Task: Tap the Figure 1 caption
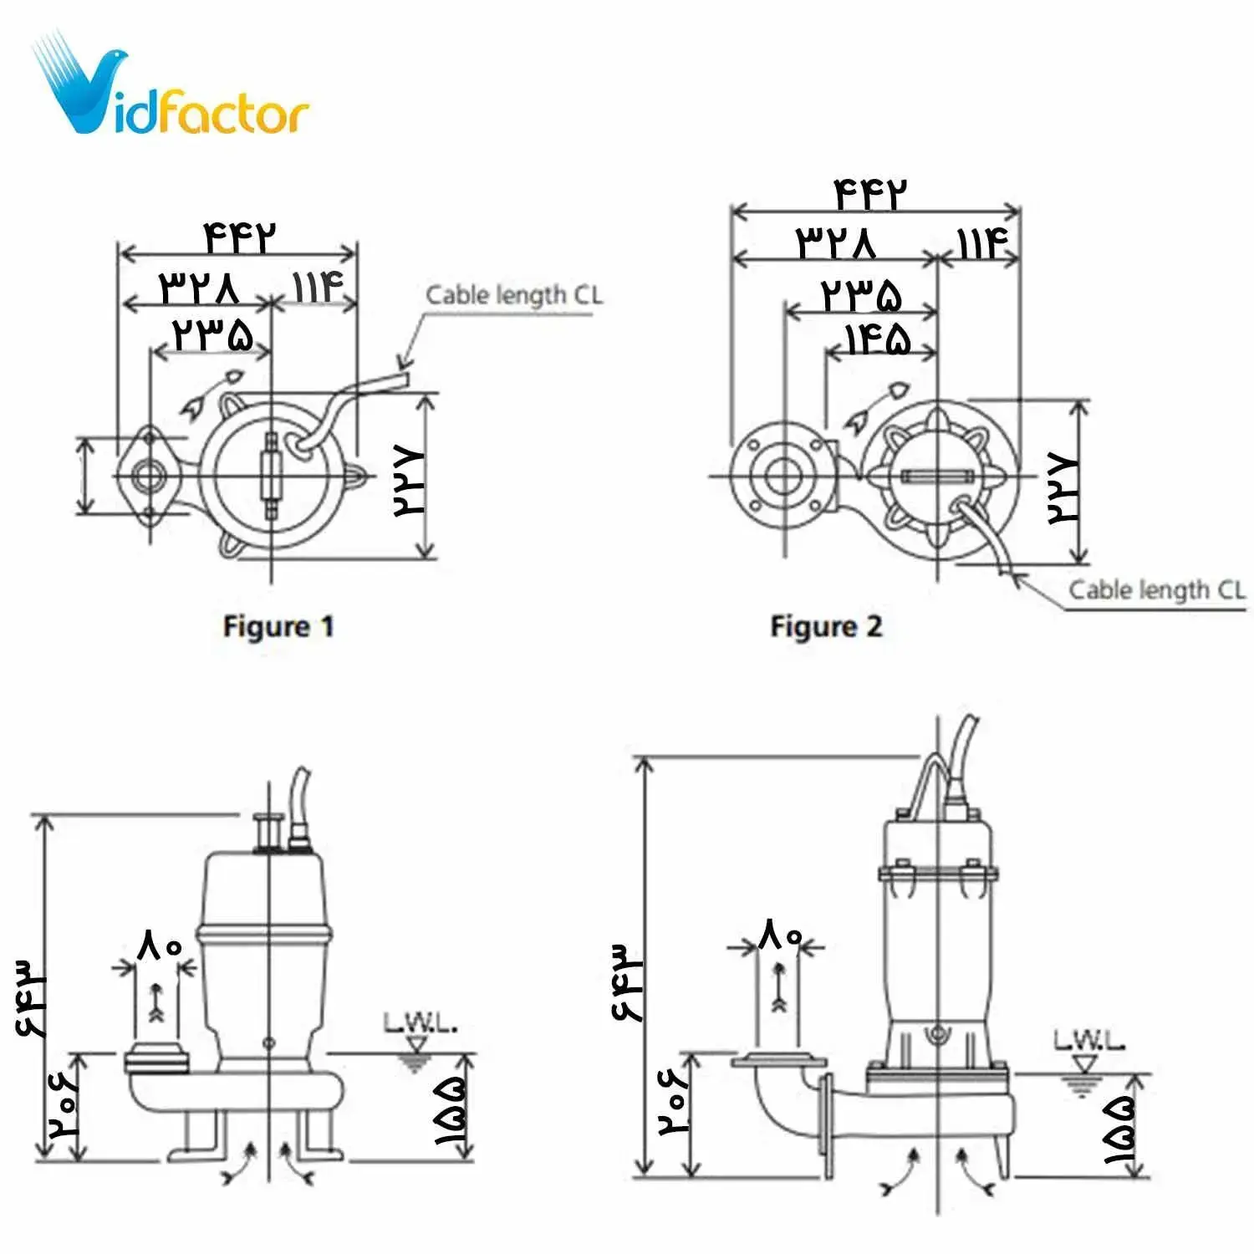[278, 626]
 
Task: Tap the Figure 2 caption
[826, 626]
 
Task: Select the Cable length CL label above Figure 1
[513, 295]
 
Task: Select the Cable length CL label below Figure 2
[1156, 590]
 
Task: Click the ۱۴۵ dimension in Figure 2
[877, 340]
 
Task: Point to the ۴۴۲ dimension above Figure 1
[239, 237]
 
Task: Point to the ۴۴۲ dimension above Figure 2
[870, 195]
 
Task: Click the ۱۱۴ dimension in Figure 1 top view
[318, 287]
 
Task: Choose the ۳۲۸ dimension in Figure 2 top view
[836, 242]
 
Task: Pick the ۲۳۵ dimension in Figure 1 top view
[212, 334]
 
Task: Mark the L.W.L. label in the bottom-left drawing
[420, 1022]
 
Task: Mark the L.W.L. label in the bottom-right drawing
[1088, 1041]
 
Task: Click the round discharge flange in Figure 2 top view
[783, 477]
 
